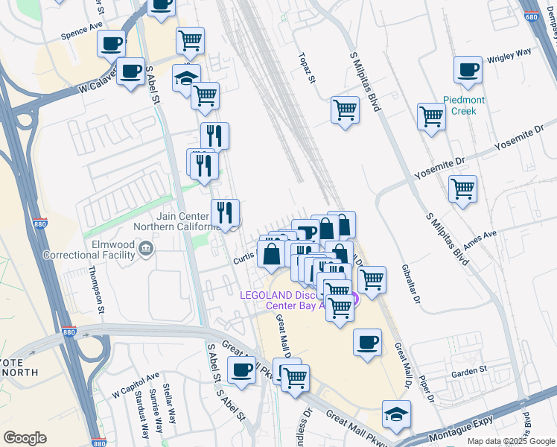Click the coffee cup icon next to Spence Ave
point(112,44)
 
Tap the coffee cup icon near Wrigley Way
point(468,70)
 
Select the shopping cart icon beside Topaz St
point(345,110)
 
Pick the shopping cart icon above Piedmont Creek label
point(431,116)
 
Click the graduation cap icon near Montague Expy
point(396,414)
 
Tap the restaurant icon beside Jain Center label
point(225,213)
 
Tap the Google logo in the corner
point(25,437)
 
